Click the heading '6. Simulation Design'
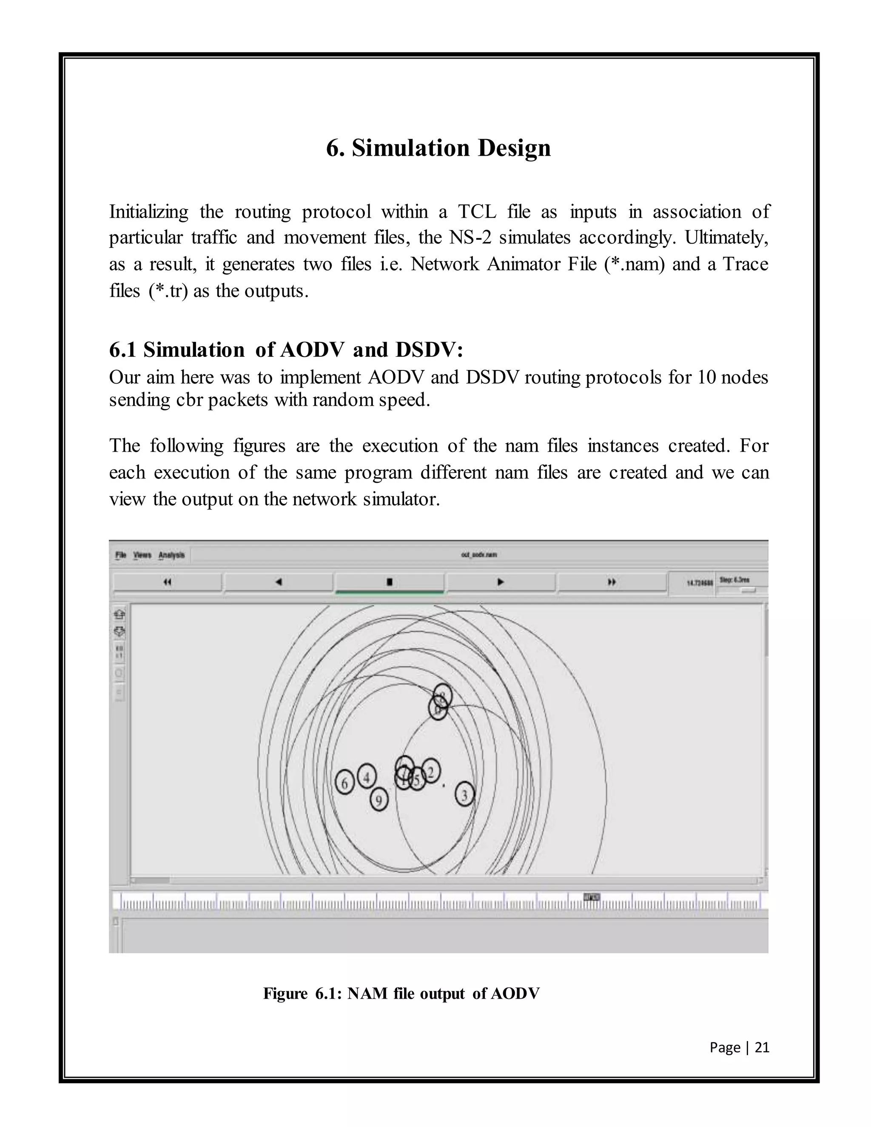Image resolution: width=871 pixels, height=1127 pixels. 438,148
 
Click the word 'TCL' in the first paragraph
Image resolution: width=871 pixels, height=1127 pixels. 477,211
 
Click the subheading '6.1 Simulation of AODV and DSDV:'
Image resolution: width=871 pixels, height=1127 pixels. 286,350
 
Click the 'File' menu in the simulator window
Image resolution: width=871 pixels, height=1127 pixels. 121,555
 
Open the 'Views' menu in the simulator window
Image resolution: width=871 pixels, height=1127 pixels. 142,555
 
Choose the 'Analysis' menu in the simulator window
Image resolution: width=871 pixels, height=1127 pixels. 171,555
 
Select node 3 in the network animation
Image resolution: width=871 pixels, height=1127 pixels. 464,795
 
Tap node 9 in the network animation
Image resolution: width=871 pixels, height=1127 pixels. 379,800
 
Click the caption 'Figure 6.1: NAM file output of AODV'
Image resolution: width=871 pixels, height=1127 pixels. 401,993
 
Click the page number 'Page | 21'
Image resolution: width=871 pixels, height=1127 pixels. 739,1047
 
